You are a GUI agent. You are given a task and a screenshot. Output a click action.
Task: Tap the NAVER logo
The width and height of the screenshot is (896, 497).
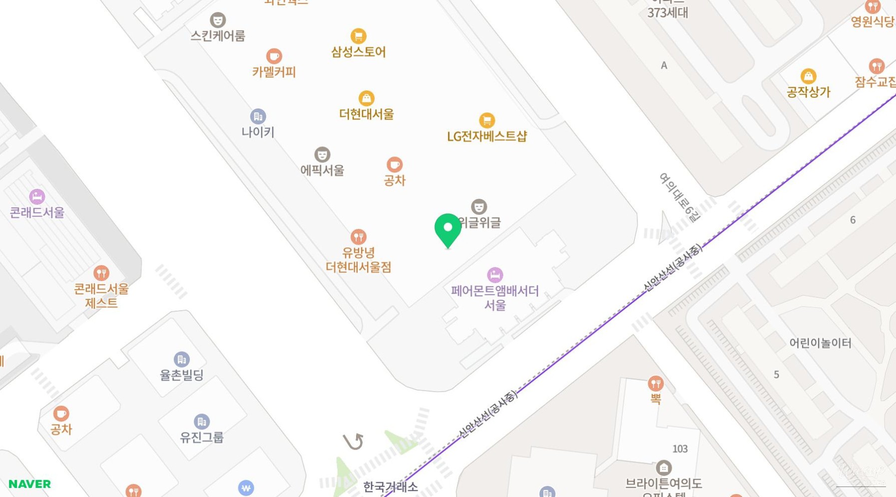click(29, 484)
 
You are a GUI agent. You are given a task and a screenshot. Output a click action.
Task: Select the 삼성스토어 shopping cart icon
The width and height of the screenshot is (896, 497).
click(358, 36)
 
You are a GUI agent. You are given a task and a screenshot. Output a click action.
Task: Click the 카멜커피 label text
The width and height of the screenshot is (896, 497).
click(274, 72)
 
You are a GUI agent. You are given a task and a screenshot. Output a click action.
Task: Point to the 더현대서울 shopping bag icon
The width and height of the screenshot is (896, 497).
click(366, 98)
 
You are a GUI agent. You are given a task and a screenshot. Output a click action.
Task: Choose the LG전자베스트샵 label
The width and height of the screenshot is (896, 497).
click(486, 136)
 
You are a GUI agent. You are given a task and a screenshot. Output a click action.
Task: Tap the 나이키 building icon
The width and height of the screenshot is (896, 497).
click(258, 116)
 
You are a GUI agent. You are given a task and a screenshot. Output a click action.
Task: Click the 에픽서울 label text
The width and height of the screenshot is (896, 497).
click(322, 170)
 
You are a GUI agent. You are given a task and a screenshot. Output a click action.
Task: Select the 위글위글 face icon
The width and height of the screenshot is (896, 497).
click(478, 206)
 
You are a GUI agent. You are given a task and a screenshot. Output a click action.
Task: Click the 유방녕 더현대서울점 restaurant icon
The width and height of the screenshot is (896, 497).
click(358, 236)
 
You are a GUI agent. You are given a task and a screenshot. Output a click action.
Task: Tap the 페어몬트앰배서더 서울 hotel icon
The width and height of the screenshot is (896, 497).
click(494, 275)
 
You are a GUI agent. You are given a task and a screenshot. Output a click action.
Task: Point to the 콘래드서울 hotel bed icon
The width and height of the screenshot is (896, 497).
click(37, 196)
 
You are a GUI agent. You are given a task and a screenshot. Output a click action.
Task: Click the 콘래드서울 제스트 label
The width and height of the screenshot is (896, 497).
click(101, 296)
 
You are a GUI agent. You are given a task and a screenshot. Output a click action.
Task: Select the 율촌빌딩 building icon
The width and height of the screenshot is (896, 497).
click(181, 359)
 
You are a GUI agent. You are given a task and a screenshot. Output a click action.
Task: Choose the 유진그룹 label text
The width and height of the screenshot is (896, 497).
click(202, 438)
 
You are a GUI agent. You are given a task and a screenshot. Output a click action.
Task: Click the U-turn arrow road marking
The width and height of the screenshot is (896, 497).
click(354, 442)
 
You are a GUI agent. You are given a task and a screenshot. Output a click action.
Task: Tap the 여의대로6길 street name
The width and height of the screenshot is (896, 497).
click(680, 197)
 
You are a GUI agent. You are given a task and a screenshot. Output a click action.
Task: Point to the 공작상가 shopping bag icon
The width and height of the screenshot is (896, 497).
click(808, 76)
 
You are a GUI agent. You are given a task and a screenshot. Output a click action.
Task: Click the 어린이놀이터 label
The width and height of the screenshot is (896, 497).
click(820, 343)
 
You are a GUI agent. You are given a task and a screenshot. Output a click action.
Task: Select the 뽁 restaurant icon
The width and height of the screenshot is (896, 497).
click(655, 383)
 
